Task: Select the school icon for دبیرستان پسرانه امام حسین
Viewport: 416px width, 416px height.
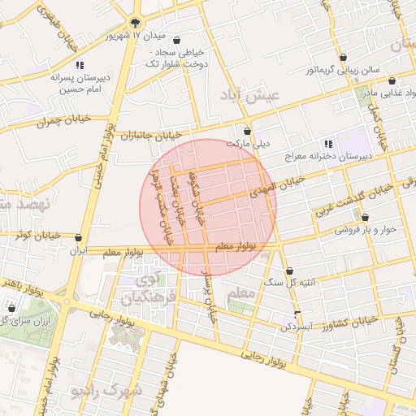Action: tap(79, 65)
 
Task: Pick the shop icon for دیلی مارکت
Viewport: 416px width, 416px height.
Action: tap(248, 130)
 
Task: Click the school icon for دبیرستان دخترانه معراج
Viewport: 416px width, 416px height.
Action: tap(328, 144)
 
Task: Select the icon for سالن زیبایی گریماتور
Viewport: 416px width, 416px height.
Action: tap(344, 58)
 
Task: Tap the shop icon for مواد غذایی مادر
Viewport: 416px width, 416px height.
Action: tap(392, 81)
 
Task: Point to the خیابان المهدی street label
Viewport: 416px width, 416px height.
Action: tap(283, 184)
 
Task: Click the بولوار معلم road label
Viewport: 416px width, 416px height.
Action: tap(236, 245)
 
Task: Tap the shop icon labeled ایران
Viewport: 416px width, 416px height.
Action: tap(78, 238)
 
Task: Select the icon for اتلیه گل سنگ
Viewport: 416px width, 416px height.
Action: tap(290, 271)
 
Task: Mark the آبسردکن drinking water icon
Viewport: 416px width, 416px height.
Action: tap(297, 314)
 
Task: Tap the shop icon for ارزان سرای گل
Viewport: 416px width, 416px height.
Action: tap(11, 308)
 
